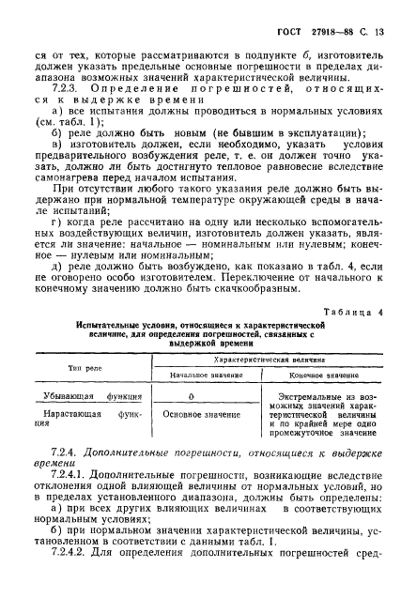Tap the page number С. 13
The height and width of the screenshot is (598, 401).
coord(375,35)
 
